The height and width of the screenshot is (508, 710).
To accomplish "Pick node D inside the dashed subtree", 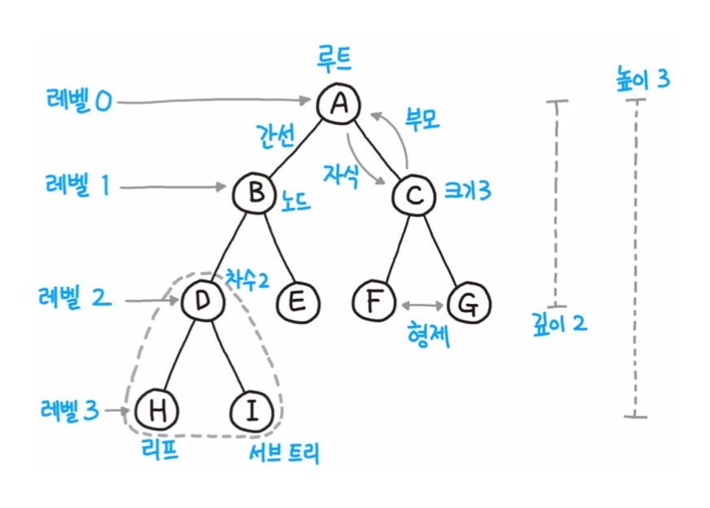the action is pos(200,302).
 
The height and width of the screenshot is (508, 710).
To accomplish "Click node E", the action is pos(298,302).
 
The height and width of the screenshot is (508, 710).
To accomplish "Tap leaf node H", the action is pos(156,410).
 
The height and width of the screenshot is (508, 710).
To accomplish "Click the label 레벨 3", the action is pos(68,410).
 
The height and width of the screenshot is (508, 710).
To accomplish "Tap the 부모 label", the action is pos(421,120).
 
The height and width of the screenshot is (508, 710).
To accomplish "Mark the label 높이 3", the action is pos(642,80).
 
